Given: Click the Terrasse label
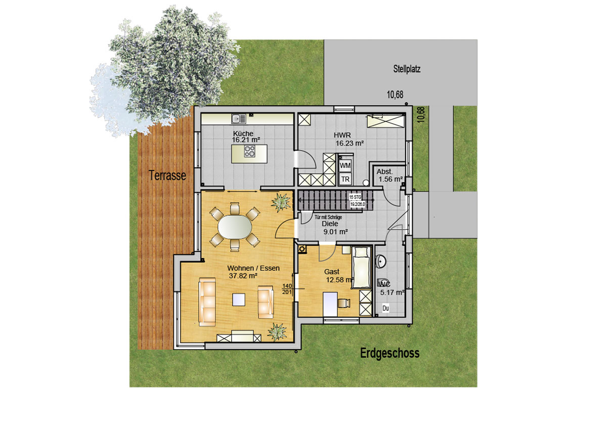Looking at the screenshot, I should [167, 175].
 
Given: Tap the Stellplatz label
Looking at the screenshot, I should [407, 69].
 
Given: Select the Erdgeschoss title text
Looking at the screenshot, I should [389, 353].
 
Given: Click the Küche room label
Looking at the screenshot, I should [243, 134].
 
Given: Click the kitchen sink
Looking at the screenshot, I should [238, 119].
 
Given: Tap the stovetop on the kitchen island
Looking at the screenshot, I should [250, 151].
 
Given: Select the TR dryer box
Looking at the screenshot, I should [345, 179].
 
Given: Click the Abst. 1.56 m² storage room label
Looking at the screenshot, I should [389, 175].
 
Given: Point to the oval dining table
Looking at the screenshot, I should [232, 227].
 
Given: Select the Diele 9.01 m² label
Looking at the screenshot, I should [334, 228].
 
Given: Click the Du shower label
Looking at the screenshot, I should [385, 308].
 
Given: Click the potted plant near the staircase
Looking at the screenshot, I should [281, 202].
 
